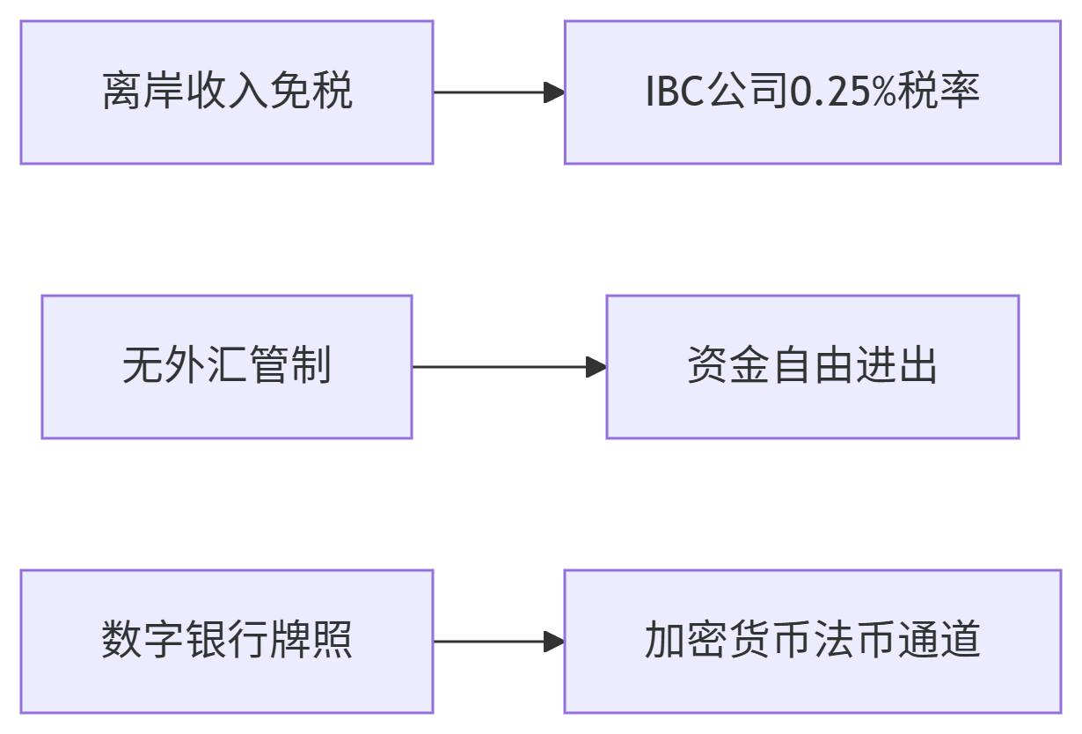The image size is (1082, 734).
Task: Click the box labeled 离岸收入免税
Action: click(227, 92)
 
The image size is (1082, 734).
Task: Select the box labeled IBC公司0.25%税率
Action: click(812, 92)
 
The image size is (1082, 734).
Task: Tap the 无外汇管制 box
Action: click(227, 367)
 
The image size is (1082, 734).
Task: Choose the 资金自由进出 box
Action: click(812, 367)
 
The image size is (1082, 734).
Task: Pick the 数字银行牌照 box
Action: click(227, 642)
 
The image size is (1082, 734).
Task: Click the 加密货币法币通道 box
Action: click(812, 642)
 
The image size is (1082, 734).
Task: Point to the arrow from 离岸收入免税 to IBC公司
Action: click(497, 92)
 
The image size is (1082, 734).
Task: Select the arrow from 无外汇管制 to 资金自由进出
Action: click(508, 367)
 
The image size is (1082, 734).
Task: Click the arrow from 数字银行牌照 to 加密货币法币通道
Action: click(497, 642)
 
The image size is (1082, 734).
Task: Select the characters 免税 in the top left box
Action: click(311, 92)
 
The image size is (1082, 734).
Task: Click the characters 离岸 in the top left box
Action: click(143, 92)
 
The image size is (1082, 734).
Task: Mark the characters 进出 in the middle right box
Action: click(896, 367)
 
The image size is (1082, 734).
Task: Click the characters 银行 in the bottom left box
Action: click(227, 642)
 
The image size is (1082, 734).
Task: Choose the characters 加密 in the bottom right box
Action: click(685, 642)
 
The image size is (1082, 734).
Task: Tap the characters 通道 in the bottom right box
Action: click(939, 642)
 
